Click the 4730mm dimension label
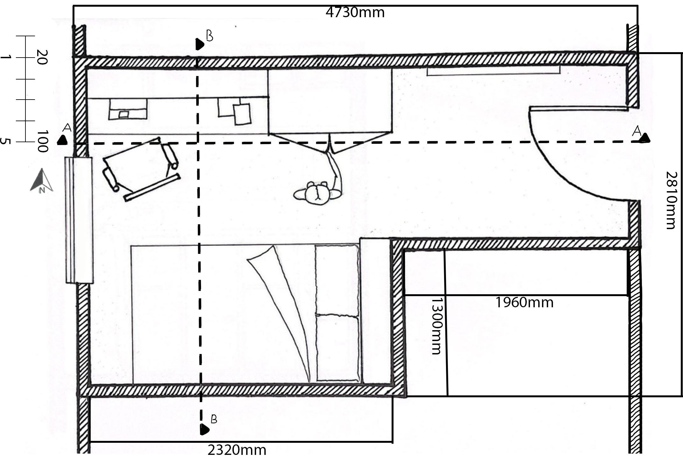[355, 13]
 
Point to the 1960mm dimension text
[524, 303]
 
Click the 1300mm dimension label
[436, 326]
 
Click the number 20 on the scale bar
[41, 57]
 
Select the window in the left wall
[79, 219]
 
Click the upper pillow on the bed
[337, 280]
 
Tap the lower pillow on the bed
[338, 348]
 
